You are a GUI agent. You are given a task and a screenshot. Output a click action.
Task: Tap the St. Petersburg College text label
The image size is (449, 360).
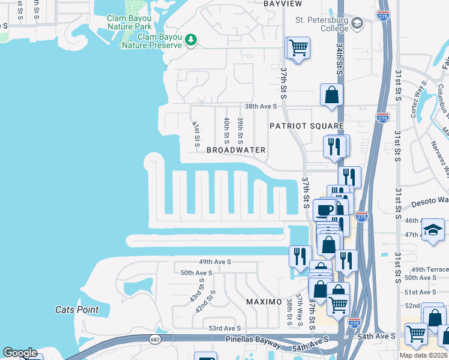click(x=321, y=24)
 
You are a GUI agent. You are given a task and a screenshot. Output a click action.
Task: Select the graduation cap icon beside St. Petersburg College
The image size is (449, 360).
click(x=357, y=24)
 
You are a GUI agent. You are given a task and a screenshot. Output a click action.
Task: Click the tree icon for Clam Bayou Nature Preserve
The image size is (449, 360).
click(x=191, y=40)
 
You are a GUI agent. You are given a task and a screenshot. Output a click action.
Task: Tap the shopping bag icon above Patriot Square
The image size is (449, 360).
click(x=331, y=95)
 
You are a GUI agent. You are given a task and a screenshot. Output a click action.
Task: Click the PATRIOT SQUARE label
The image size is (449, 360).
click(x=306, y=126)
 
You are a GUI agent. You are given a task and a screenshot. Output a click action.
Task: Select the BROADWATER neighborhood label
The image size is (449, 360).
click(x=236, y=150)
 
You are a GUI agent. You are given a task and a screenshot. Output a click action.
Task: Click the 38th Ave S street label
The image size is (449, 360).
click(x=261, y=106)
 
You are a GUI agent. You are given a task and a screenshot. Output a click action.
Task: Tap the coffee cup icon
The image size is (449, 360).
click(x=325, y=211)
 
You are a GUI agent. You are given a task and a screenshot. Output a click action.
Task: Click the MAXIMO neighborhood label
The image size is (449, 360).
click(x=264, y=301)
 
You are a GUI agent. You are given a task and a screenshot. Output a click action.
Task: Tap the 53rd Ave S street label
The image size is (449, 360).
click(x=224, y=328)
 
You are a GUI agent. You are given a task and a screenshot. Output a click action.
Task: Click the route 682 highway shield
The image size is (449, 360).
click(x=154, y=339)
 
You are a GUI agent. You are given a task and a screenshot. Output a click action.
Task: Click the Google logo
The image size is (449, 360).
click(x=20, y=353)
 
